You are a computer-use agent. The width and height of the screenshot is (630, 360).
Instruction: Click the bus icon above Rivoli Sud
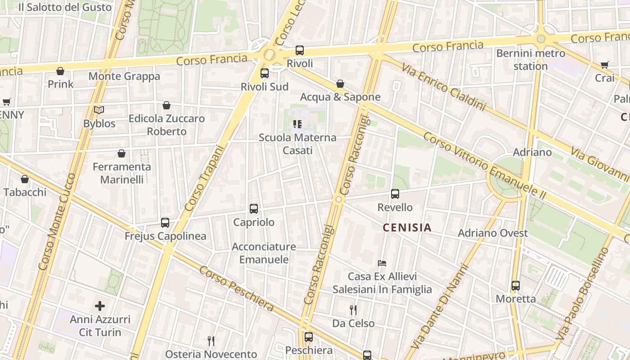(265, 73)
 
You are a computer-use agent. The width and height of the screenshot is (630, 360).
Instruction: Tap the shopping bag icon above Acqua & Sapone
(340, 84)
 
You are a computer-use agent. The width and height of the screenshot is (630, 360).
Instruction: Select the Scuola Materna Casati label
(297, 144)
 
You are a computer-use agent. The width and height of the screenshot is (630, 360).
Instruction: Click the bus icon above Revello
(395, 194)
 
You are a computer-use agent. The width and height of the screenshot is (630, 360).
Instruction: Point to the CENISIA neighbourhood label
(407, 228)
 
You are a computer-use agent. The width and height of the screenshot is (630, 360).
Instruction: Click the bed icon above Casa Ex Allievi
(382, 263)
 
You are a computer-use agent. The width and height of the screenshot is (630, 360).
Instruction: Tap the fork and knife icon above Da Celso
(353, 310)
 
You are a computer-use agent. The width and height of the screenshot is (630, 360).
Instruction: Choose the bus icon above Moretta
(516, 286)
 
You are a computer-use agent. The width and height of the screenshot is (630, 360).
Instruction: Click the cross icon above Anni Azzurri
(100, 306)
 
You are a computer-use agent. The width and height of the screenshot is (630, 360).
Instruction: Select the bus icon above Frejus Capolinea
(165, 223)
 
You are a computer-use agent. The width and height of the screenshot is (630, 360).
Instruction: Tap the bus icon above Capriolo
(254, 209)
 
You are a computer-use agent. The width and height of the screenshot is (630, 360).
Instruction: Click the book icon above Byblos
(99, 110)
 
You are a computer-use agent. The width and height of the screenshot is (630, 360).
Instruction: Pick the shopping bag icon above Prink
(60, 71)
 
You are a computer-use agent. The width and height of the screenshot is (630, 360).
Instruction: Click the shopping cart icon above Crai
(604, 65)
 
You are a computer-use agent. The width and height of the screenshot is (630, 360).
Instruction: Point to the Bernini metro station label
(531, 60)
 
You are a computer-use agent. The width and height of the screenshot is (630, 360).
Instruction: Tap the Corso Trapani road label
(204, 179)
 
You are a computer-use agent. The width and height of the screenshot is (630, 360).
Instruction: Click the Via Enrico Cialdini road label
(444, 87)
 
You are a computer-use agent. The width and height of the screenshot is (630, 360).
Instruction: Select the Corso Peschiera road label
(236, 288)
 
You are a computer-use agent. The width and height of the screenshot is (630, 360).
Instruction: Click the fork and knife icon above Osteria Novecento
(211, 341)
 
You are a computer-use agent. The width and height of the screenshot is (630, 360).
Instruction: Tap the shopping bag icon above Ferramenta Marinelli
(121, 154)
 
